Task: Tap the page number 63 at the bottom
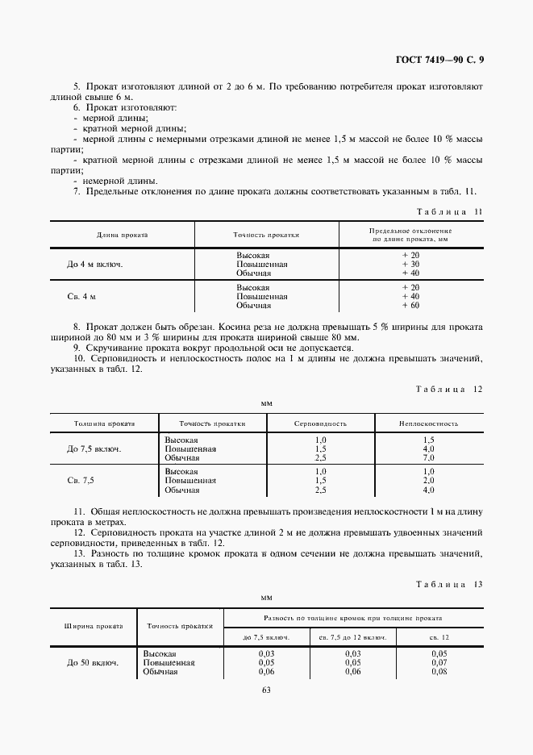tap(266, 688)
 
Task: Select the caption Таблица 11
tap(448, 212)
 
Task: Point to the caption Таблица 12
tap(448, 388)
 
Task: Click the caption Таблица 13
tap(448, 584)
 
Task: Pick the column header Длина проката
tap(122, 235)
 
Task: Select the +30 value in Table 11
tap(410, 264)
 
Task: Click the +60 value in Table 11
tap(410, 306)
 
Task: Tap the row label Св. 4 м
tap(81, 297)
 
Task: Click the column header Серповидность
tap(320, 423)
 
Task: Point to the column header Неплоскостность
tap(428, 423)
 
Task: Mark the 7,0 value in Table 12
tap(428, 457)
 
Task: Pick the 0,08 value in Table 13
tap(438, 671)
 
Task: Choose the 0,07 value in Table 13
tap(438, 662)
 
